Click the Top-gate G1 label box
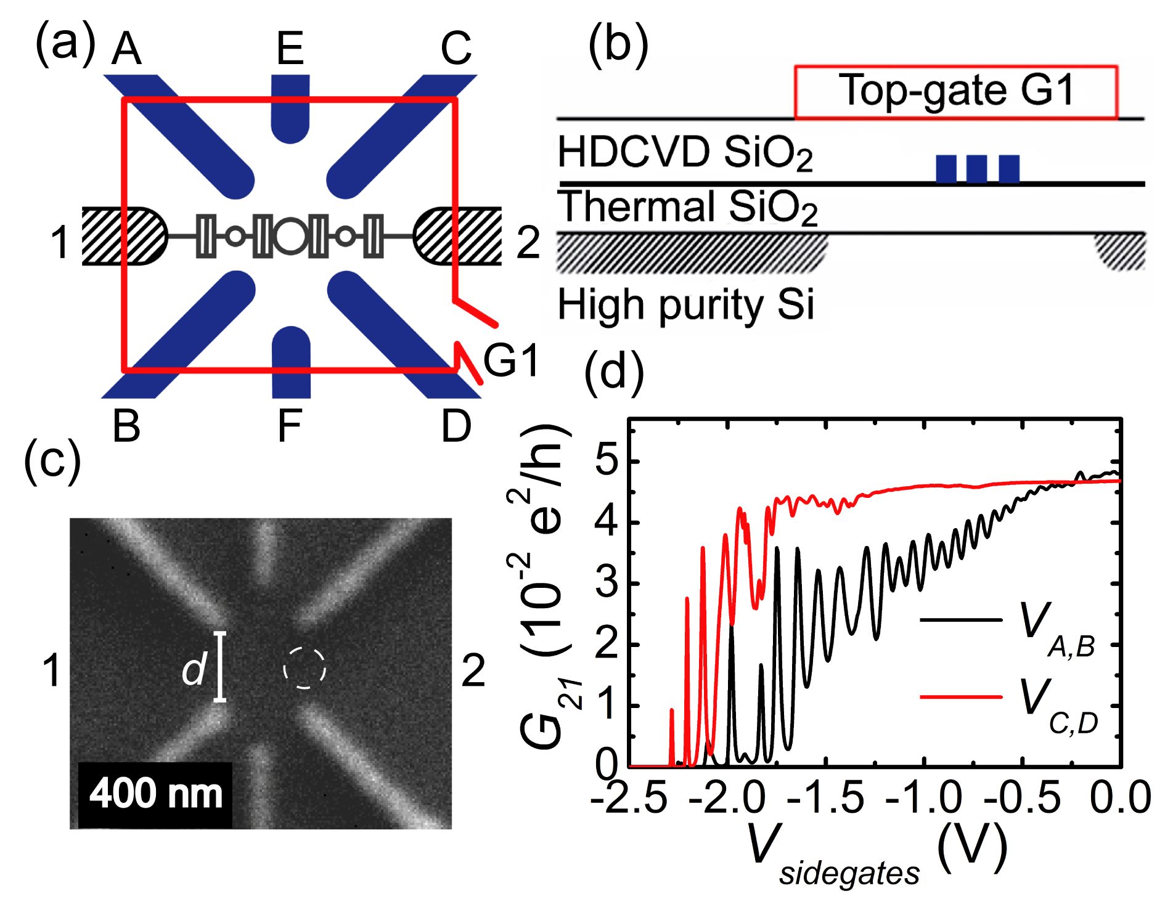(955, 91)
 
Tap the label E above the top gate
(290, 49)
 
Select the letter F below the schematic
(290, 425)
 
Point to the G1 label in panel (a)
(510, 360)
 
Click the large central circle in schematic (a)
(290, 236)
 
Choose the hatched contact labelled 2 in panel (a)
(459, 236)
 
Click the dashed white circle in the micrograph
(304, 668)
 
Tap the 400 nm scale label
(155, 794)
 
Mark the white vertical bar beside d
(220, 666)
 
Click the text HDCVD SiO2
(684, 153)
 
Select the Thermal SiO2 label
(687, 207)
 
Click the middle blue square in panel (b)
(977, 169)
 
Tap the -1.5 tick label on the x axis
(826, 797)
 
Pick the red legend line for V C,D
(961, 696)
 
